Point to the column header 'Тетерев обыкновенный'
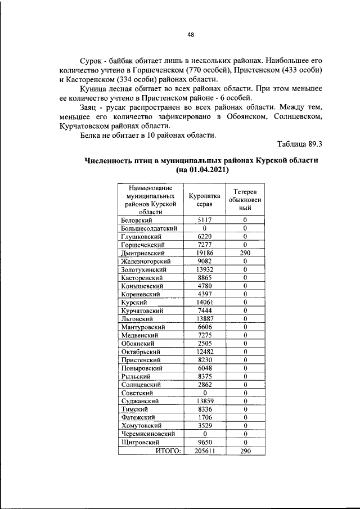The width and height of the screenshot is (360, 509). [x=245, y=200]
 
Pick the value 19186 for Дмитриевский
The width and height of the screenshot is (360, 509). [x=205, y=253]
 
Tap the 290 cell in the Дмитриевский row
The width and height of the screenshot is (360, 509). [x=245, y=253]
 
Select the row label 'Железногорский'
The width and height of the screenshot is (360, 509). [x=146, y=261]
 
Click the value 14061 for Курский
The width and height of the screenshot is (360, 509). [x=205, y=302]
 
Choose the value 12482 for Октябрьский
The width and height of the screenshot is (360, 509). [x=205, y=352]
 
